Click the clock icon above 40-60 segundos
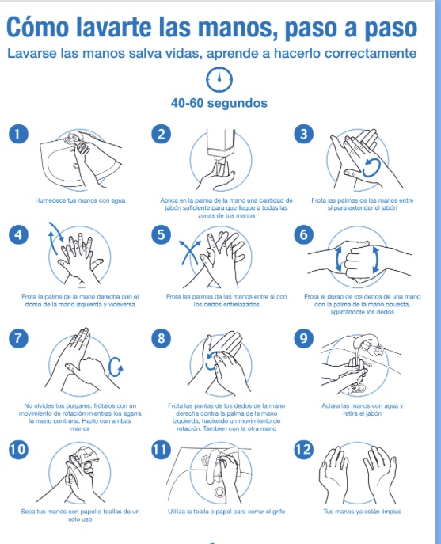point(219,79)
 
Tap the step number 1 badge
point(18,134)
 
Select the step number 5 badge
point(161,234)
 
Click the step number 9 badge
point(303,338)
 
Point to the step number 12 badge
point(303,449)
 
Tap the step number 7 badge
point(18,338)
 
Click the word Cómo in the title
point(37,28)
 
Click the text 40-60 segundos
point(219,103)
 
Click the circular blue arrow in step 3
point(371,168)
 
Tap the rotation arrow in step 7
point(116,367)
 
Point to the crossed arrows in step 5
point(190,253)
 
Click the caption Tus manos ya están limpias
point(363,512)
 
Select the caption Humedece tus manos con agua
point(80,200)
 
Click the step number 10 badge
point(18,449)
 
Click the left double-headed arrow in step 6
point(338,259)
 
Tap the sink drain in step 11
point(219,492)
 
